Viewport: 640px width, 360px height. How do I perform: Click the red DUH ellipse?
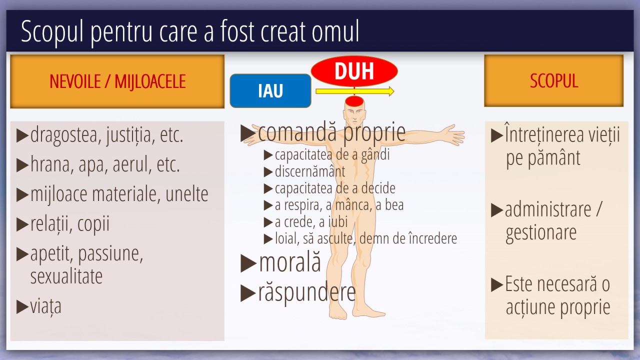click(354, 71)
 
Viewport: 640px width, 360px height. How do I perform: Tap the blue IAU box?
click(270, 91)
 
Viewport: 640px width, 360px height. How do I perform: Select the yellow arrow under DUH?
click(355, 91)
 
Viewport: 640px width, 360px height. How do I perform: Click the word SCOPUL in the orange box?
click(553, 80)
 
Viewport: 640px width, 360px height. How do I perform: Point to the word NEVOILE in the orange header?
click(75, 81)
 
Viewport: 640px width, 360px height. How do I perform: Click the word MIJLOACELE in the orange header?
click(150, 82)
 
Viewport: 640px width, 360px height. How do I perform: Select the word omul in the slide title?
click(335, 31)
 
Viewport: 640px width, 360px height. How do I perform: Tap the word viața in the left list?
click(46, 307)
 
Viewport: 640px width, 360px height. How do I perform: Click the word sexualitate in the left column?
click(66, 276)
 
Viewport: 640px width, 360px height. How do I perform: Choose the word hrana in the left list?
click(50, 164)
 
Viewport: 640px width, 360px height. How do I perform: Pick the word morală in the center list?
click(290, 262)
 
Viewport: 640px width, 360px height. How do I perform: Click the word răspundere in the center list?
click(307, 292)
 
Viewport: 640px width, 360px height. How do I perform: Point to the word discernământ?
click(310, 171)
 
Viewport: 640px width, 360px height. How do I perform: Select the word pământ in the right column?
click(553, 157)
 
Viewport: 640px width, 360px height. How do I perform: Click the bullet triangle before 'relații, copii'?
click(22, 224)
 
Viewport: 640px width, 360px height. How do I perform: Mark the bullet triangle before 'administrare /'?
click(497, 210)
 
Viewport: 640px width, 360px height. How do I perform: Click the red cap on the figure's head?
click(354, 101)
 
